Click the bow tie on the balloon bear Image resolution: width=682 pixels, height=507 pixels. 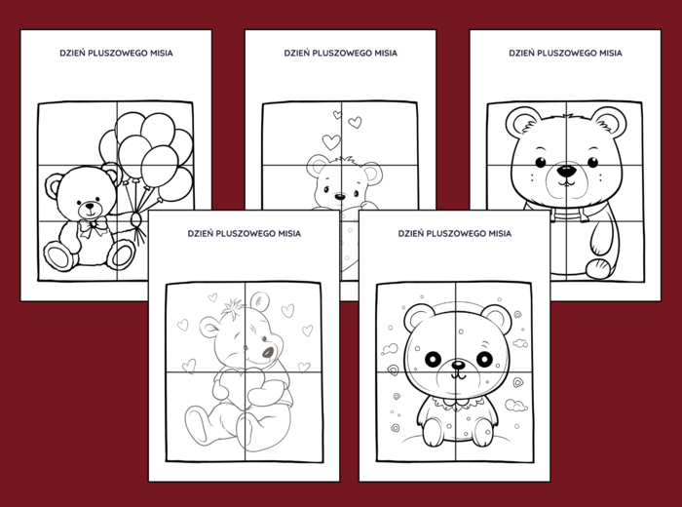coord(94,228)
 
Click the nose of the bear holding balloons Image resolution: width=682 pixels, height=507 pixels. coord(91,207)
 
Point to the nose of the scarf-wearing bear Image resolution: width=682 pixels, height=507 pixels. coord(565,173)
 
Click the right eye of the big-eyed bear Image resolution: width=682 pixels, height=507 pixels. coord(483,359)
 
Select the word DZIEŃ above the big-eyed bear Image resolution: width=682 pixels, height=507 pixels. coord(414,234)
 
